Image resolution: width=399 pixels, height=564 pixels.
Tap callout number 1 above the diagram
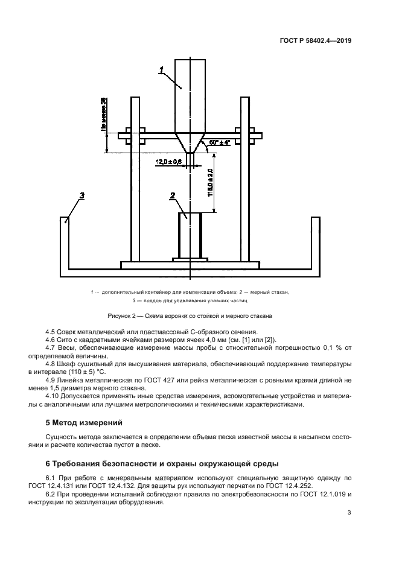162,72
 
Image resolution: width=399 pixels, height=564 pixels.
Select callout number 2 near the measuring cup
173,195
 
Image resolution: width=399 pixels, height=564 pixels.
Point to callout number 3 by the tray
81,195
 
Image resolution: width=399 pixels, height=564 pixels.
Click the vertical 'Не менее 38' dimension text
104,115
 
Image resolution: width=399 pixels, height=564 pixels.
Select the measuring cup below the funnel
190,235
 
